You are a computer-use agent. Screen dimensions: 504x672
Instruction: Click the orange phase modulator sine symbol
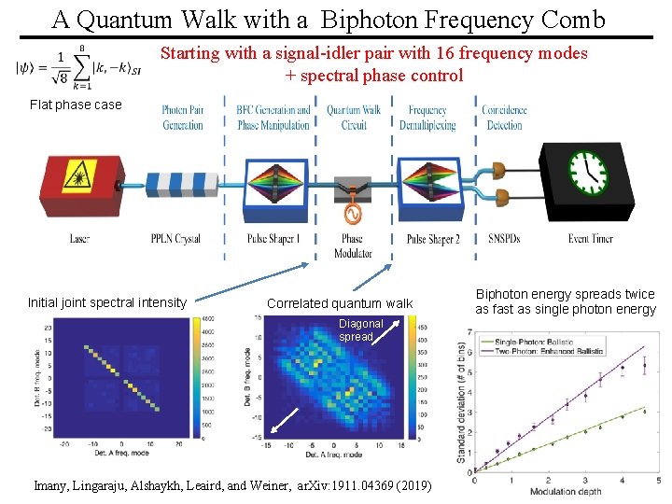(x=352, y=215)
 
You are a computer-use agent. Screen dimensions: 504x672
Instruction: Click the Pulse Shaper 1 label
(x=273, y=239)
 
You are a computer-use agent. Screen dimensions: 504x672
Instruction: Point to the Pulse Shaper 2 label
(x=433, y=239)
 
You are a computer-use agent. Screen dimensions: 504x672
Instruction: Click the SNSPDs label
(x=504, y=239)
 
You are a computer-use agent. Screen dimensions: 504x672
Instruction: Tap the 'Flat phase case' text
(x=76, y=105)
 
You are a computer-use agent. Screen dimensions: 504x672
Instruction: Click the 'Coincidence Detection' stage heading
(x=504, y=118)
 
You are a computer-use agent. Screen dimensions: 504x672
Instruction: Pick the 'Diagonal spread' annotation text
(x=360, y=329)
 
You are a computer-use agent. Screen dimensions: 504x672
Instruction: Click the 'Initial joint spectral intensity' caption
(x=107, y=302)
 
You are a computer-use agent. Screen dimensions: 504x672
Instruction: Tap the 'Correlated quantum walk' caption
(x=339, y=303)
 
